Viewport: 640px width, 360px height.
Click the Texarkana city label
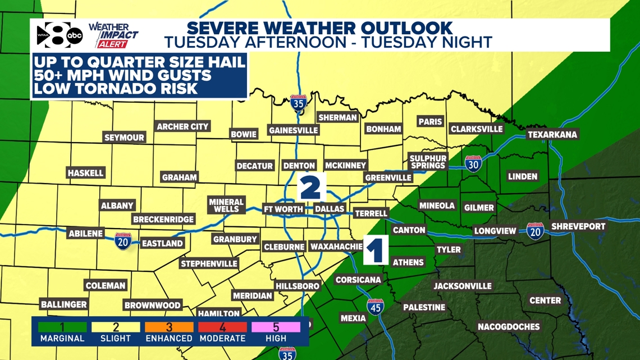552,135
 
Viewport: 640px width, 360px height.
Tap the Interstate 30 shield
473,163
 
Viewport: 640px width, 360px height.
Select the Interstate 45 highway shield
376,307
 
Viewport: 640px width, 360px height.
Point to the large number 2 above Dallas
310,187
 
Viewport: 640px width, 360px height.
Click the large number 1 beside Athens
376,250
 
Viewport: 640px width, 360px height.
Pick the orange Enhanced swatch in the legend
169,327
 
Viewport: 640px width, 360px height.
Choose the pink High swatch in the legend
276,327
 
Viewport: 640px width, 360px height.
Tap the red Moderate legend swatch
222,327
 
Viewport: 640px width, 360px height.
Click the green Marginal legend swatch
62,327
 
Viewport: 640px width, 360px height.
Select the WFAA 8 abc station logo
59,36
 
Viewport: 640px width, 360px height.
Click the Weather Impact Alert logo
113,35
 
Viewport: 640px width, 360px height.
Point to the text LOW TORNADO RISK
115,88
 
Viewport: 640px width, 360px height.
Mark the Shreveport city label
578,226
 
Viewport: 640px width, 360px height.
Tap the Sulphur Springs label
428,162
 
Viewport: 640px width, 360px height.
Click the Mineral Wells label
226,205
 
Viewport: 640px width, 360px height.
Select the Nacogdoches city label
509,326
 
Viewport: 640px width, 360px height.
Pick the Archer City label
182,127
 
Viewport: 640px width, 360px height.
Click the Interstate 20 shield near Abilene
123,241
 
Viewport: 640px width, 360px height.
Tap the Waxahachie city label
336,247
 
